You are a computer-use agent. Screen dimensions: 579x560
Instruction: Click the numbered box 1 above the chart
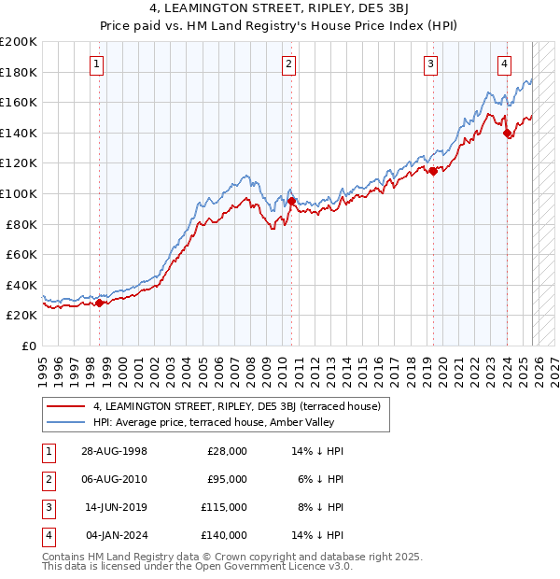[97, 64]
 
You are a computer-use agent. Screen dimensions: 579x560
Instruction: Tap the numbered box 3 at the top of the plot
[430, 64]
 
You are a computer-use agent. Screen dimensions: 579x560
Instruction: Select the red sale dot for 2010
[291, 201]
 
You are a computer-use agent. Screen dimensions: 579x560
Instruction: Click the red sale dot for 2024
[507, 134]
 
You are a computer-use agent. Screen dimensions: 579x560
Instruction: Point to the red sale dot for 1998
[100, 303]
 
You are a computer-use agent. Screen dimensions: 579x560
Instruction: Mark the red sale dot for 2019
[433, 171]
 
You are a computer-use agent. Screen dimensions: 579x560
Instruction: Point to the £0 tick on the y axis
[29, 346]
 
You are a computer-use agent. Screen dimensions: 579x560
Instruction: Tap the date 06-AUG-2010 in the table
[113, 478]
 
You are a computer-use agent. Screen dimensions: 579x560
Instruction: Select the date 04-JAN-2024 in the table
[113, 535]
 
